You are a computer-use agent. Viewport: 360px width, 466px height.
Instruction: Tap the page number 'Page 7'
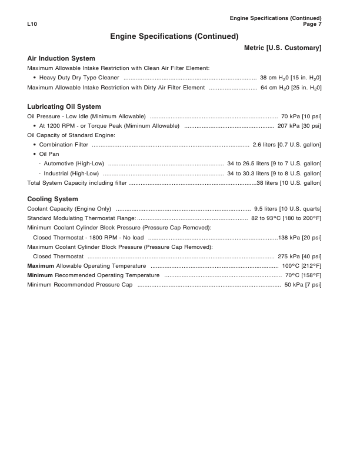[x=312, y=25]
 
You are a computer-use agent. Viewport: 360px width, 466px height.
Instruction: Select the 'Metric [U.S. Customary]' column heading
[x=282, y=47]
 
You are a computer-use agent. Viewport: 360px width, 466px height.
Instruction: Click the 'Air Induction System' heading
[x=61, y=59]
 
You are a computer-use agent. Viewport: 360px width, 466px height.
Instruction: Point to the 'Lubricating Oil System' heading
[x=64, y=106]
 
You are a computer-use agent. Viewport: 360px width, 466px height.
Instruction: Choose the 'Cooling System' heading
[x=52, y=199]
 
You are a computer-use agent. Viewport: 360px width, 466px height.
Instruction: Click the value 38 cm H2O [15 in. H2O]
[x=291, y=78]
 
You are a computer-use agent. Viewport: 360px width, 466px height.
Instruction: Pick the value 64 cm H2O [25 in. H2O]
[x=291, y=88]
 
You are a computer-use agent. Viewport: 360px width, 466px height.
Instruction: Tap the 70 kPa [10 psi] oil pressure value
[x=301, y=116]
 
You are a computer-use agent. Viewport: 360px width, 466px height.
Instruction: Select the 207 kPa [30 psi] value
[x=299, y=126]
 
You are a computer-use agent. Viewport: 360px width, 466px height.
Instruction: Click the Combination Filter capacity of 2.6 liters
[x=286, y=145]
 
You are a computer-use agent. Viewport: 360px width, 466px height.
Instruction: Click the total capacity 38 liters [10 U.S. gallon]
[x=289, y=183]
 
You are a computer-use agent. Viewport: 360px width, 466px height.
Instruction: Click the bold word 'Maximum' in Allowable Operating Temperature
[x=41, y=266]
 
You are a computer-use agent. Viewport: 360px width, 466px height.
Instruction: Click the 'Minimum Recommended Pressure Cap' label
[x=80, y=285]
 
